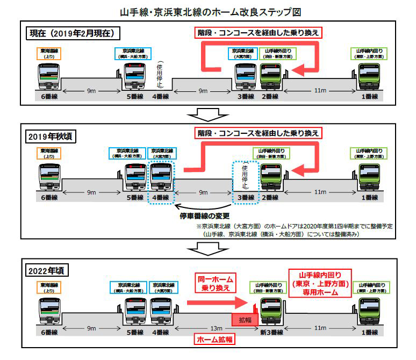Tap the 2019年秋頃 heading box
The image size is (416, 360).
[52, 136]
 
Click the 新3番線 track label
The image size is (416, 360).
[268, 332]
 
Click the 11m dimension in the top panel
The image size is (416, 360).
[320, 90]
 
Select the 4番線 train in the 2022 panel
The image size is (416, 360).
[161, 309]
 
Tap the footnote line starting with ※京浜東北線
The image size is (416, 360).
[295, 226]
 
